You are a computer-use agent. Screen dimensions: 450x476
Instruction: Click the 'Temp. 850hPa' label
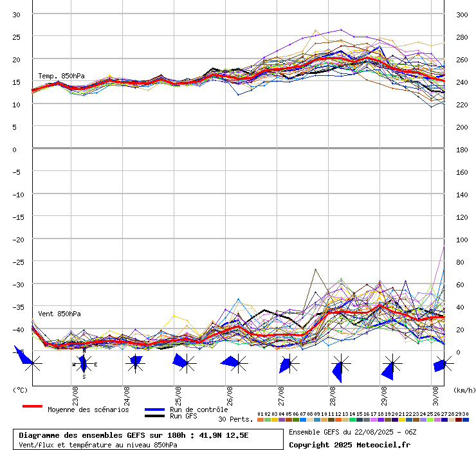pyautogui.click(x=61, y=76)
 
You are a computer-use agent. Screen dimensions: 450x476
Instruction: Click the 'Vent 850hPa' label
pyautogui.click(x=59, y=314)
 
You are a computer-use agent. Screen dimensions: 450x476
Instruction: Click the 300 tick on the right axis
pyautogui.click(x=462, y=14)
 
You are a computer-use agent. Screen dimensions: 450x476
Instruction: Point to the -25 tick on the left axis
pyautogui.click(x=17, y=262)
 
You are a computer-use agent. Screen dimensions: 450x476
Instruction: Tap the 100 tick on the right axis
pyautogui.click(x=462, y=239)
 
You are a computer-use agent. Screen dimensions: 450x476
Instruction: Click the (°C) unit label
pyautogui.click(x=20, y=390)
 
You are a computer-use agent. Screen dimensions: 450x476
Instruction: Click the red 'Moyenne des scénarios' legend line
pyautogui.click(x=32, y=406)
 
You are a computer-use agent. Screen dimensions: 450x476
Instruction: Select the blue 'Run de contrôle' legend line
pyautogui.click(x=155, y=410)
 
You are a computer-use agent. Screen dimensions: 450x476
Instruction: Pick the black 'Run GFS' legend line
pyautogui.click(x=155, y=416)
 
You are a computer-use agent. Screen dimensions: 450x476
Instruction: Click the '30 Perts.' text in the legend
pyautogui.click(x=235, y=419)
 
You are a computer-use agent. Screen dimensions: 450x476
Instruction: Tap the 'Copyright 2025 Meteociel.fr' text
pyautogui.click(x=349, y=444)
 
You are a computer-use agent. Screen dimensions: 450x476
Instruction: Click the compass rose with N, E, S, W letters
pyautogui.click(x=84, y=364)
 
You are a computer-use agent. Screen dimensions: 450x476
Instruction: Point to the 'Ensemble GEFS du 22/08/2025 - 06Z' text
pyautogui.click(x=352, y=432)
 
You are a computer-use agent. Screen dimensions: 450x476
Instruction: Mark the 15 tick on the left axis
pyautogui.click(x=17, y=82)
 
